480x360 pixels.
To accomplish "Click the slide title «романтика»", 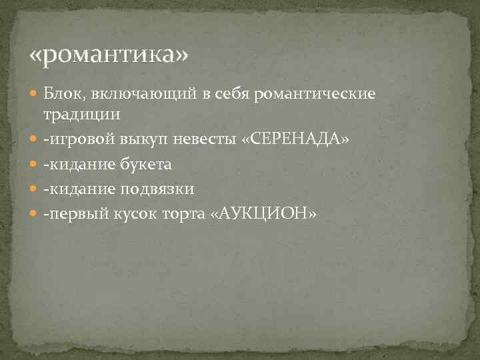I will (x=110, y=54).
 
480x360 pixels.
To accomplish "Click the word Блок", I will (x=63, y=95).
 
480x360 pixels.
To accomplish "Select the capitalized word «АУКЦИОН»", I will (x=262, y=213).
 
